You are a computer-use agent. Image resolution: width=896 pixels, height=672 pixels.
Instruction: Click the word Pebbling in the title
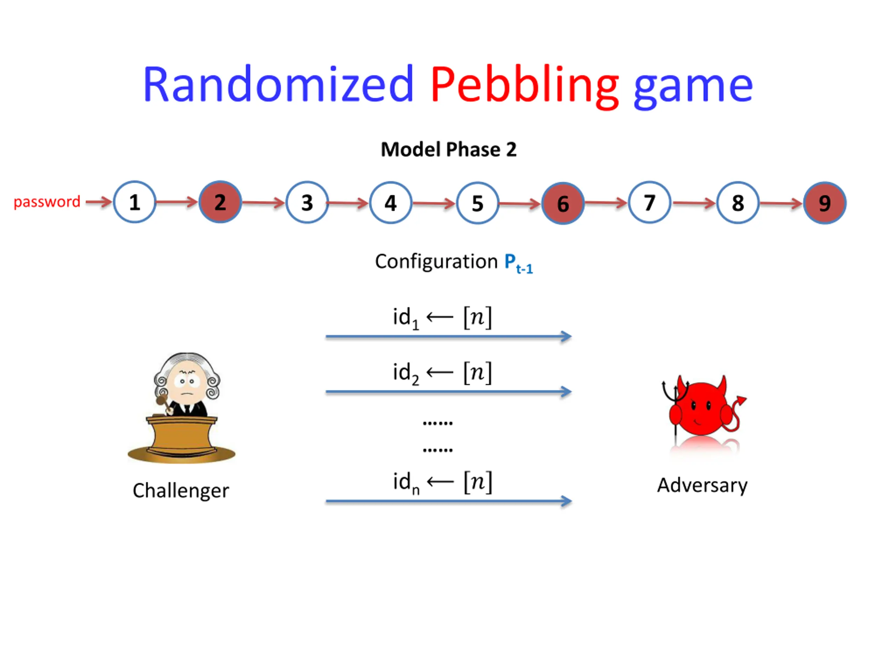pos(524,85)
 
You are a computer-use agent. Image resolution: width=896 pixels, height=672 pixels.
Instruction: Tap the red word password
pos(47,201)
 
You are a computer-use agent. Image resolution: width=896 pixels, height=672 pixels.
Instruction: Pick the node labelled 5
pos(477,203)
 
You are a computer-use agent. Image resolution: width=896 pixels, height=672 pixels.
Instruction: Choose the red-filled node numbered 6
pos(563,203)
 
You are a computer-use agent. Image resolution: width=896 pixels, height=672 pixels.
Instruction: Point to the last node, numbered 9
pos(824,203)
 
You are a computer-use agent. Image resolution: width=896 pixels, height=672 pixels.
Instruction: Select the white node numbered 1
pos(134,202)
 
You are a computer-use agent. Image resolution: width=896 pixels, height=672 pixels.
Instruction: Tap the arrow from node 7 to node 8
pos(694,203)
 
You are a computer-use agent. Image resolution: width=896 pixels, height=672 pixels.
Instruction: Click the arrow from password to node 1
pos(98,201)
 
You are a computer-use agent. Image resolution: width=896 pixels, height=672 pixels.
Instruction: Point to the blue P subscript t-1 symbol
pos(518,263)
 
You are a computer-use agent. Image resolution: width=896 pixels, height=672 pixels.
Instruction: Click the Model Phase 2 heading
pos(448,149)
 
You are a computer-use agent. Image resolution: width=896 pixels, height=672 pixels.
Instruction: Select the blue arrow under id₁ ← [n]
pos(448,336)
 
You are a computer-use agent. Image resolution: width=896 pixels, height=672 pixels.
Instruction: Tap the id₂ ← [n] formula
pos(442,372)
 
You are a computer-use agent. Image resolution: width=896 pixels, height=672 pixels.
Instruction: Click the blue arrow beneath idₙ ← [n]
pos(448,502)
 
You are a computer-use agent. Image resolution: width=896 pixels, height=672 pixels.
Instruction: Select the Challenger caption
pos(181,491)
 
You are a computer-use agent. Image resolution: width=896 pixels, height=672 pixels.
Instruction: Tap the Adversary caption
pos(702,485)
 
